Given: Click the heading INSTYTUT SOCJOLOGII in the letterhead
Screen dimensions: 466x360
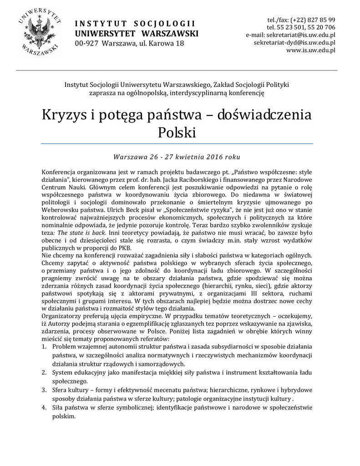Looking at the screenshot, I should pos(135,24).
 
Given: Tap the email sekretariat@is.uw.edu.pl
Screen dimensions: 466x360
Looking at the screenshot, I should pos(297,35).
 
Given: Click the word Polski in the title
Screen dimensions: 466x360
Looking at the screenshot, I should pos(177,133).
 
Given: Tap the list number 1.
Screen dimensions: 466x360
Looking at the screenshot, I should pos(44,347).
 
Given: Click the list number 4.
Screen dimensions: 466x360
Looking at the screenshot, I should pos(44,407).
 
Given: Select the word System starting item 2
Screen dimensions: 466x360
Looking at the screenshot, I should pos(63,372).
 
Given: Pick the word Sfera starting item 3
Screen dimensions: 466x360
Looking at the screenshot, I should pos(61,390).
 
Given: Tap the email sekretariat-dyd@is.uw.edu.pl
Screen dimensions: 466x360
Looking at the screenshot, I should pos(294,43).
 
